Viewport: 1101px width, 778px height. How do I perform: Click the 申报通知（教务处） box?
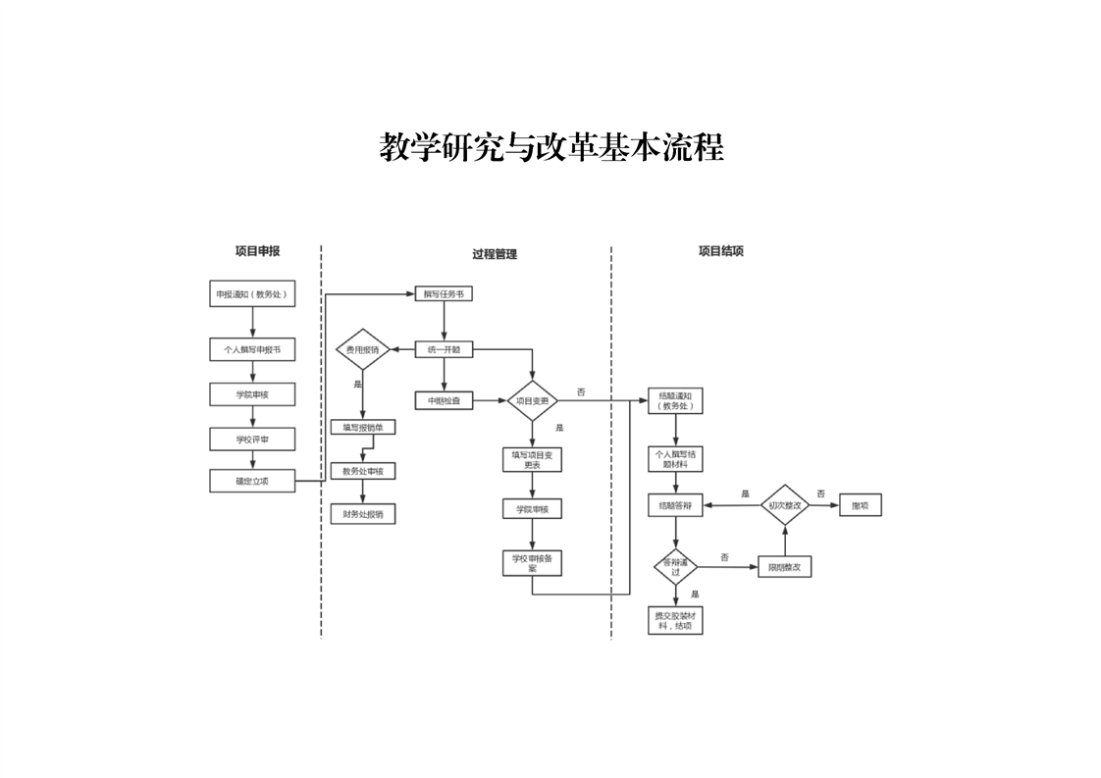tap(252, 294)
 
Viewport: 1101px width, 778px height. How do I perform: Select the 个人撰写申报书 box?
tap(252, 348)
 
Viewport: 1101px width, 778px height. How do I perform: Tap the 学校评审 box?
tap(252, 394)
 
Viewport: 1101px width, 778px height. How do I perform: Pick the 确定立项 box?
tap(252, 440)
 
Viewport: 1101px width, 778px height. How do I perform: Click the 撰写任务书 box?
tap(444, 293)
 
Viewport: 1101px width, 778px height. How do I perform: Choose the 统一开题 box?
tap(444, 348)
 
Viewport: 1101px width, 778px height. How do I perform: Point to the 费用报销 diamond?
tap(363, 349)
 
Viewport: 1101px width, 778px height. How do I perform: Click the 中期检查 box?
tap(444, 400)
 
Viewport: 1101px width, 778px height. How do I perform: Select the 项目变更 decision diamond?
tap(532, 400)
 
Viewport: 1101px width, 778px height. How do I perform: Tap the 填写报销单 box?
tap(363, 428)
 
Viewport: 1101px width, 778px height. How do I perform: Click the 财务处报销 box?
tap(363, 513)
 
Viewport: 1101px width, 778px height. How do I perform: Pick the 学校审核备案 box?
tap(532, 562)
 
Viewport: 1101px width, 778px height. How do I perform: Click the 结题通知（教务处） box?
tap(675, 400)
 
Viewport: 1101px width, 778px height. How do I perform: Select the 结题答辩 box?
tap(675, 505)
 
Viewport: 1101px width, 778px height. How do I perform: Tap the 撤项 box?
tap(860, 505)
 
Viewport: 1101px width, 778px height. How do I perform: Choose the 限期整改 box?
tap(785, 567)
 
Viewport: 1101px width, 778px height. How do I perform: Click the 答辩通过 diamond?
tap(675, 567)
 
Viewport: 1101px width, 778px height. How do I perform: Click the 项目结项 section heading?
tap(720, 251)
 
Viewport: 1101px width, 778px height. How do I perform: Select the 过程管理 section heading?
tap(495, 254)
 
